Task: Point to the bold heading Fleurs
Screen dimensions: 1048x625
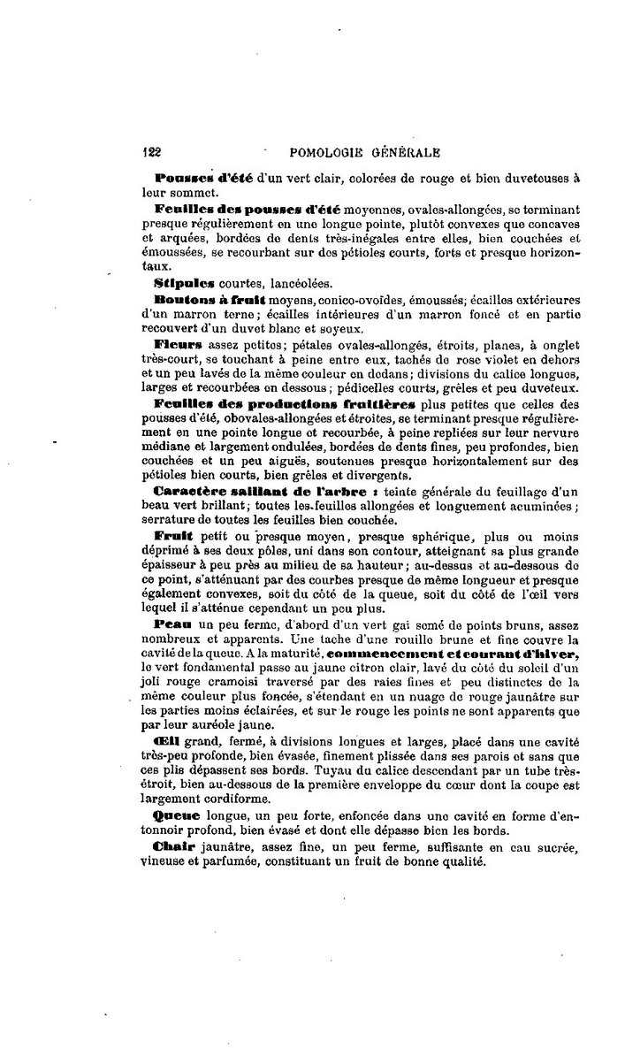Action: pos(179,343)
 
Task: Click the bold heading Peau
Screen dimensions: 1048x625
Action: pos(171,623)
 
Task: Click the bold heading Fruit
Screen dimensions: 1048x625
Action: pos(173,537)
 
